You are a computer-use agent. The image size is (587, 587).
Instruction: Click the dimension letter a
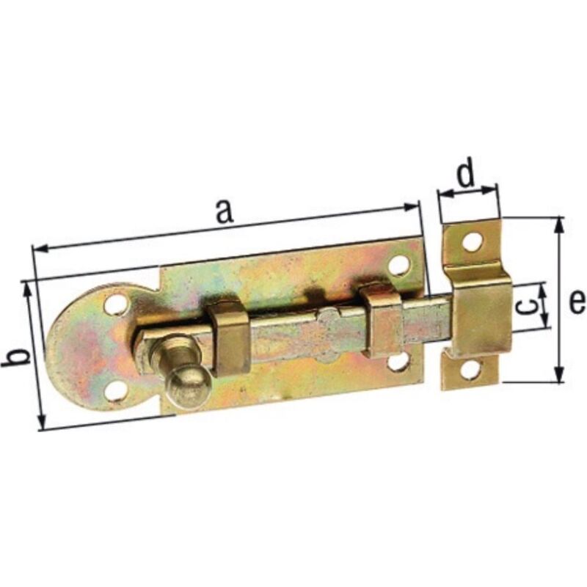tap(225, 212)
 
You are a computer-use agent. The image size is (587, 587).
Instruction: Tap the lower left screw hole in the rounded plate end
tap(115, 391)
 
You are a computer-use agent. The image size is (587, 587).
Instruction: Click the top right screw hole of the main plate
tap(398, 265)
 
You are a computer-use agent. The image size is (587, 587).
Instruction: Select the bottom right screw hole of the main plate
tap(398, 362)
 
